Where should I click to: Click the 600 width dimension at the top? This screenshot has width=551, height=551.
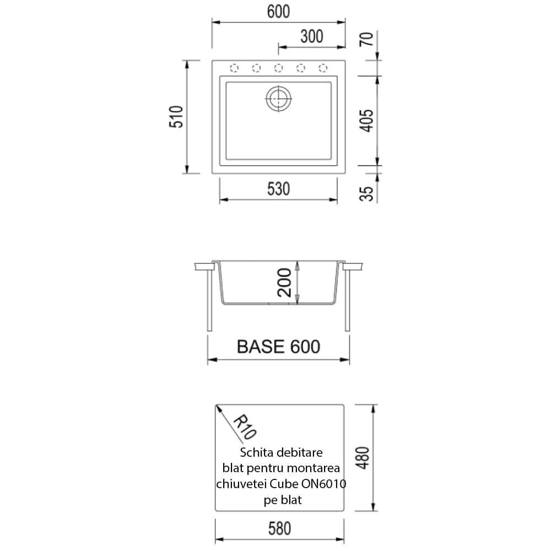coord(278,12)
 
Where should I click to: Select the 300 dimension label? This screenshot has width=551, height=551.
coord(312,36)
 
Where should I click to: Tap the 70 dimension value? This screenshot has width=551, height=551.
coord(366,39)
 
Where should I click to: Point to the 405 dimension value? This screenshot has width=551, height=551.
coord(366,121)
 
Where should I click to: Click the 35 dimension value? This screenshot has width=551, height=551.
coord(366,193)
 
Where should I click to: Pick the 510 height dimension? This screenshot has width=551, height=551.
coord(176,117)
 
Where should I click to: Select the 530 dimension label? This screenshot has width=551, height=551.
coord(278,189)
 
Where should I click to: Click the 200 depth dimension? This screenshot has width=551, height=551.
coord(284,283)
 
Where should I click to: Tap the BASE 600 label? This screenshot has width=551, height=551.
coord(278,347)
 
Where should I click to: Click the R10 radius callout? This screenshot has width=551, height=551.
coord(245,427)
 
